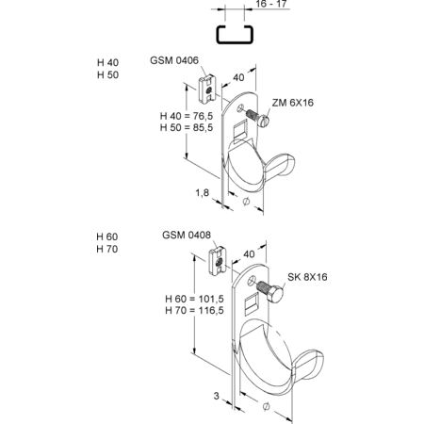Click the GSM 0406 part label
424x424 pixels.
(174, 60)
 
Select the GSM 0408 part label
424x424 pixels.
(187, 235)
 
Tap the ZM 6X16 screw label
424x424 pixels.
(293, 103)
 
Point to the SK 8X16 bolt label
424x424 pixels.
(307, 277)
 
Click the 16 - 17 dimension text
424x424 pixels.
(271, 4)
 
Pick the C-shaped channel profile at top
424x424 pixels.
(235, 34)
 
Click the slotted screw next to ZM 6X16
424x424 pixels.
(257, 117)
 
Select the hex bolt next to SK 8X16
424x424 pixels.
(269, 291)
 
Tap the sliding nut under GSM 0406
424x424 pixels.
(207, 89)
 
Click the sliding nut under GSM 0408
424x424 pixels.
(218, 261)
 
